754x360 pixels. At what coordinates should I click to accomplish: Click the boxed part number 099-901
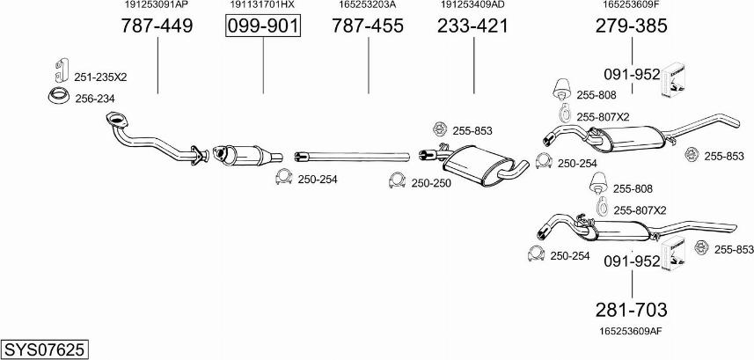263,26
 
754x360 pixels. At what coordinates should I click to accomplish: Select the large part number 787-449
157,26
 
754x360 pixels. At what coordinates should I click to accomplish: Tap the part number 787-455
368,26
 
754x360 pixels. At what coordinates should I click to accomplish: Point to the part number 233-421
472,26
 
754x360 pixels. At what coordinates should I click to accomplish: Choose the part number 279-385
632,26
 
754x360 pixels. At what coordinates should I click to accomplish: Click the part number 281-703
632,310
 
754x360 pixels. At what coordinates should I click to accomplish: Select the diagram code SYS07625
44,349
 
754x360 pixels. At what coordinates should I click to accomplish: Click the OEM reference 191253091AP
157,4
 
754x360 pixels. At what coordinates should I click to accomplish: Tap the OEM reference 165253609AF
632,331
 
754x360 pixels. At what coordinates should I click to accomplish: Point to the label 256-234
95,99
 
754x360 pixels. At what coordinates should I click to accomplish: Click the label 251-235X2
100,77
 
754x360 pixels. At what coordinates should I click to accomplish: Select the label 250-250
431,183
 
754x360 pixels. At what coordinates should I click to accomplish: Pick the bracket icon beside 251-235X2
61,70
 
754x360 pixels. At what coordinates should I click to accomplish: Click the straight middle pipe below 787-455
352,156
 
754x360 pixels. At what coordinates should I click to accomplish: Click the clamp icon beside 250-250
398,180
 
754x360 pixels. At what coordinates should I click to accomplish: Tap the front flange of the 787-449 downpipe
115,120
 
